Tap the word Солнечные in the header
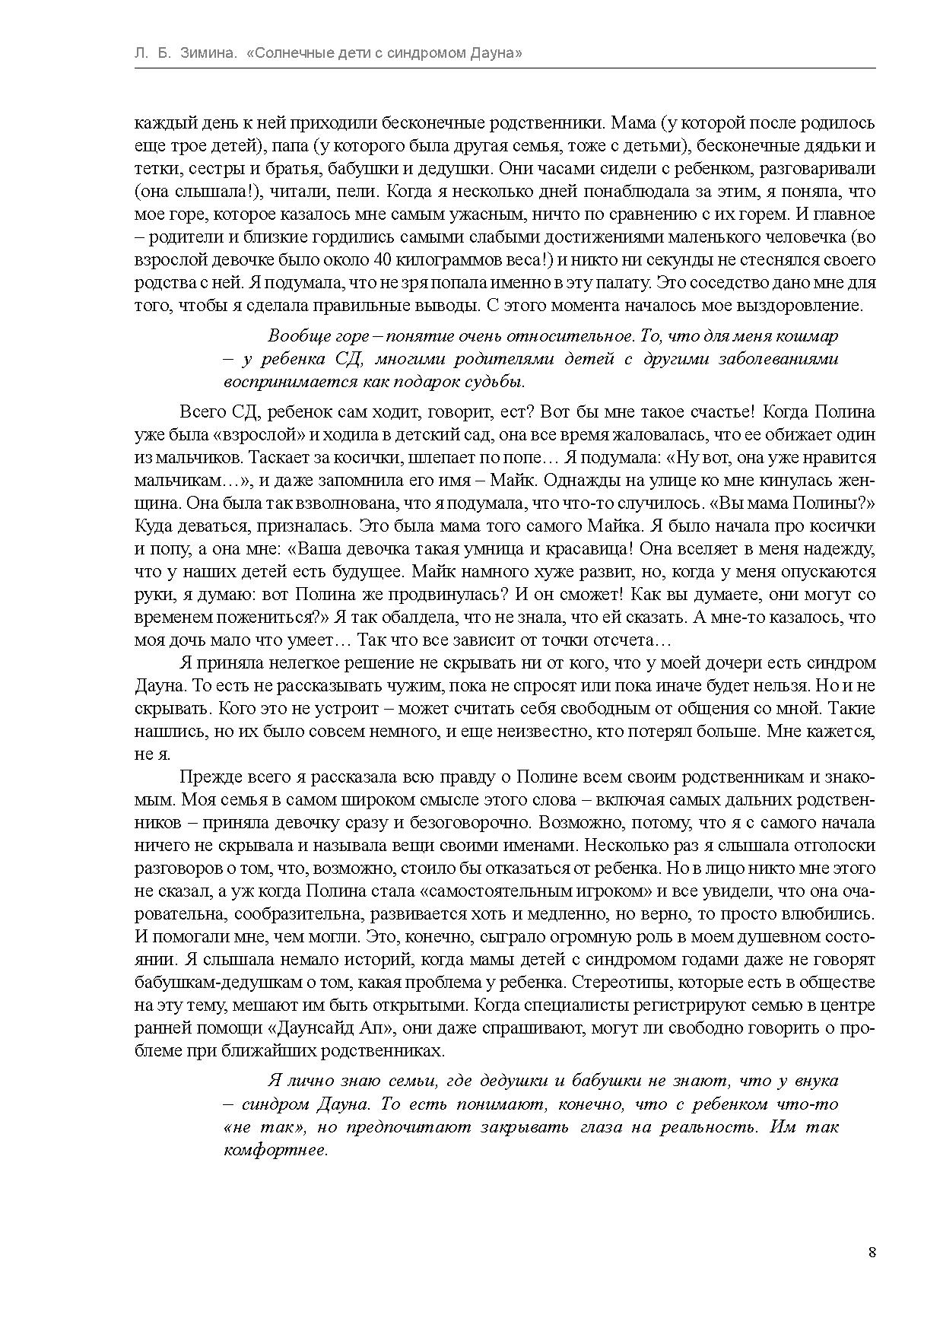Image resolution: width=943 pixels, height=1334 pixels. click(290, 53)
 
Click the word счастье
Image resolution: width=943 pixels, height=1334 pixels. click(720, 412)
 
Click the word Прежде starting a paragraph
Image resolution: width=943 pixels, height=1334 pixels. click(207, 777)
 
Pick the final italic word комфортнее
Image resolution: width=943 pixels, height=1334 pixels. click(275, 1149)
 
